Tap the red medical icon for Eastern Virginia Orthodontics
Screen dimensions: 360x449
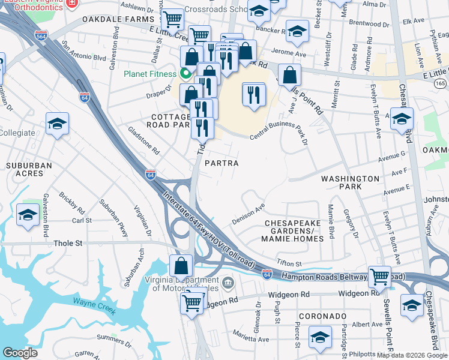pyautogui.click(x=72, y=3)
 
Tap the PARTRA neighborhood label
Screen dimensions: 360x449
pyautogui.click(x=221, y=163)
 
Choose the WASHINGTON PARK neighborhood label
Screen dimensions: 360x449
pyautogui.click(x=351, y=183)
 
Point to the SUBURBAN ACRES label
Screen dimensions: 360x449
pyautogui.click(x=26, y=169)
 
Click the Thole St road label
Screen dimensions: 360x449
pyautogui.click(x=68, y=244)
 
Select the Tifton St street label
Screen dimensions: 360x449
pyautogui.click(x=289, y=263)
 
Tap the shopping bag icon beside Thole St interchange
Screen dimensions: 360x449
pyautogui.click(x=181, y=266)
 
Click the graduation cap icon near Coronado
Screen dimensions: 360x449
pyautogui.click(x=321, y=337)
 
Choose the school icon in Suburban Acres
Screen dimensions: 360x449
pyautogui.click(x=28, y=215)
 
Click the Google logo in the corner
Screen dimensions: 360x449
pyautogui.click(x=20, y=353)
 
